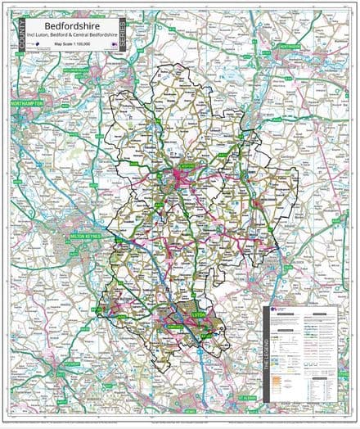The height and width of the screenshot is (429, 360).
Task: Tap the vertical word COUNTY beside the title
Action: tap(21, 34)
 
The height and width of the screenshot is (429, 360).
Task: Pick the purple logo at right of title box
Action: tap(110, 47)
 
